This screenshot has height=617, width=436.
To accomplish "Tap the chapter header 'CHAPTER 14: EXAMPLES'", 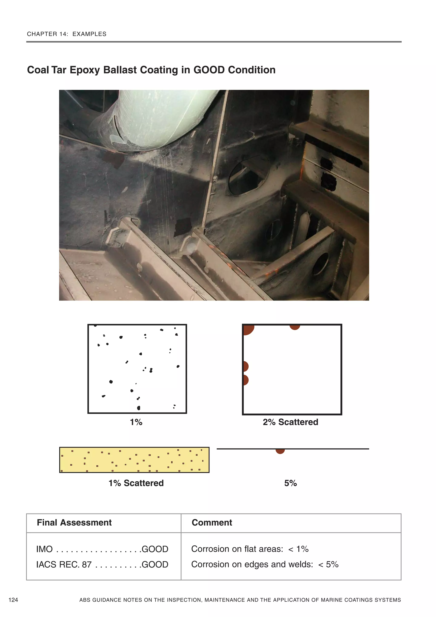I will [67, 34].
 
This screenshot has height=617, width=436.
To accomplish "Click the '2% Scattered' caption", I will [290, 422].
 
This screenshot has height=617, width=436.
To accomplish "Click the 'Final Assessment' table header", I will [74, 522].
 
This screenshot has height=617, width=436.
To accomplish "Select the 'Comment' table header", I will [212, 522].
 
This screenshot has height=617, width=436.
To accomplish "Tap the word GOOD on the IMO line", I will [155, 549].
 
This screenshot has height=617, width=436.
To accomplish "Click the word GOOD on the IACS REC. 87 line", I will [155, 565].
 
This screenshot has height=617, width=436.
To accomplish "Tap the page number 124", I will [13, 600].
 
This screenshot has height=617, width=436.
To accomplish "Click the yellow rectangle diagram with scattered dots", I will [134, 460].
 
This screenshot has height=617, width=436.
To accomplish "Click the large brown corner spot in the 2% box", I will [247, 329].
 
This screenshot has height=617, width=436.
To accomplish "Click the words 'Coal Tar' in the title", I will [47, 70].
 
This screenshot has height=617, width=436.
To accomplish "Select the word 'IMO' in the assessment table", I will [44, 549].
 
